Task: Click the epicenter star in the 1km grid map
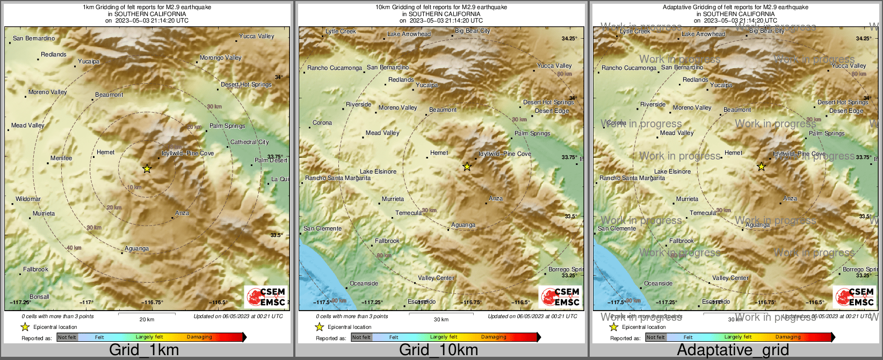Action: click(x=147, y=169)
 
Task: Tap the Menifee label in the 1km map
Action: click(x=61, y=158)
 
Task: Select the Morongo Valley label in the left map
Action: click(x=220, y=57)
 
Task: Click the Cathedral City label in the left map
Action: click(x=249, y=142)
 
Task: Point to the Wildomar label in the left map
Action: click(x=28, y=199)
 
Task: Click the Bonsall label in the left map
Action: click(x=39, y=297)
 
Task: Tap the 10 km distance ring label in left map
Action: click(x=134, y=187)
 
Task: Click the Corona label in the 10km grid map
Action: click(x=322, y=123)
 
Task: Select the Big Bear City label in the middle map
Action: click(x=472, y=31)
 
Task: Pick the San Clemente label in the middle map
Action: click(x=322, y=228)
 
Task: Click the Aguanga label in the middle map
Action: click(x=463, y=225)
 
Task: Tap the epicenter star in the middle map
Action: click(x=467, y=167)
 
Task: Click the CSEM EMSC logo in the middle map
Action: click(x=560, y=297)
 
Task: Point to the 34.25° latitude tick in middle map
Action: click(x=569, y=39)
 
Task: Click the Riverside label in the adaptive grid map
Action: click(x=653, y=104)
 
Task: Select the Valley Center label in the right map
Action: click(x=730, y=278)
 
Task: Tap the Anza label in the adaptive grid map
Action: click(x=790, y=198)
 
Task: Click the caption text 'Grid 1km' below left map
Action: click(x=144, y=350)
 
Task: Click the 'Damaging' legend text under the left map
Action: click(x=199, y=337)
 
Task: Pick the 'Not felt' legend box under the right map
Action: click(x=655, y=337)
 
